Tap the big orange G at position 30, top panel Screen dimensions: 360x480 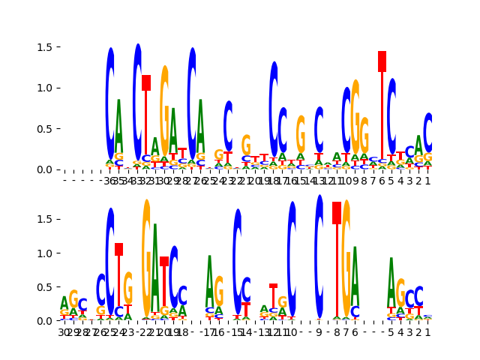[164, 112]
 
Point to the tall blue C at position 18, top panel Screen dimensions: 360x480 [274, 109]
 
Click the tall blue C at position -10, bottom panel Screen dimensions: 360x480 [292, 259]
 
